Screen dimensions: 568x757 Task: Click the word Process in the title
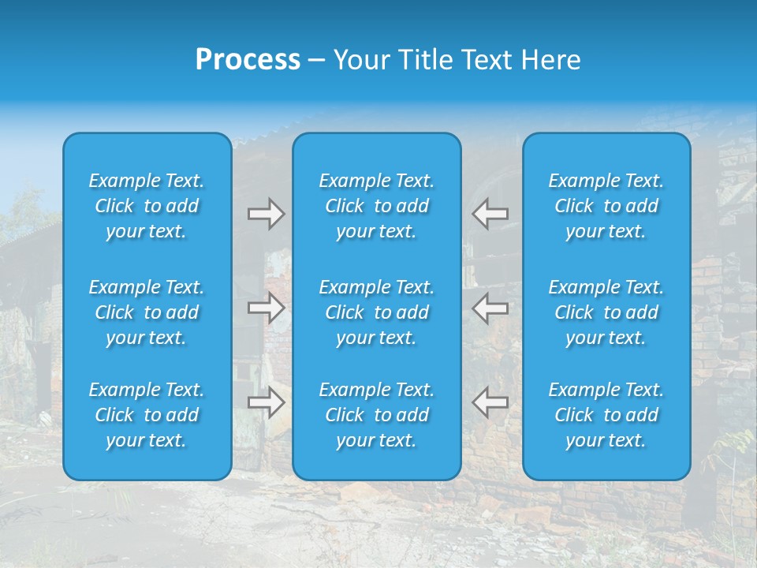[x=248, y=60]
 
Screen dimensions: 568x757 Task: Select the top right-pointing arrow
[x=266, y=214]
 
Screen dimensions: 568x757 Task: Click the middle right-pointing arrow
[x=266, y=308]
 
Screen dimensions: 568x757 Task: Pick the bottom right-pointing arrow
[x=266, y=403]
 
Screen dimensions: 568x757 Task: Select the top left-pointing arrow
[x=490, y=214]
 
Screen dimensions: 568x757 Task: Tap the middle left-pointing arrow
[x=490, y=308]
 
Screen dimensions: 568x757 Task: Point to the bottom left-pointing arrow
[x=490, y=403]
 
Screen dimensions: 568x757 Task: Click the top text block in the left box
[x=147, y=206]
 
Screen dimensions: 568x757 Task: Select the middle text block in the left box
[x=147, y=312]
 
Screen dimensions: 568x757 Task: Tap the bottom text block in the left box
[x=147, y=415]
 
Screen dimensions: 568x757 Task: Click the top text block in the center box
[x=376, y=206]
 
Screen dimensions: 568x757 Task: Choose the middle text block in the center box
[x=376, y=312]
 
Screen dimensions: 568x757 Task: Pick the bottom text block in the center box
[x=376, y=415]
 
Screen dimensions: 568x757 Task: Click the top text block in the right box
[x=606, y=206]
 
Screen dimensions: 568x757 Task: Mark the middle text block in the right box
[x=606, y=312]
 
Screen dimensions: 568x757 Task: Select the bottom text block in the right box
[x=606, y=415]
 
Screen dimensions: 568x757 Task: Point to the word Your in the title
[x=362, y=60]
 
